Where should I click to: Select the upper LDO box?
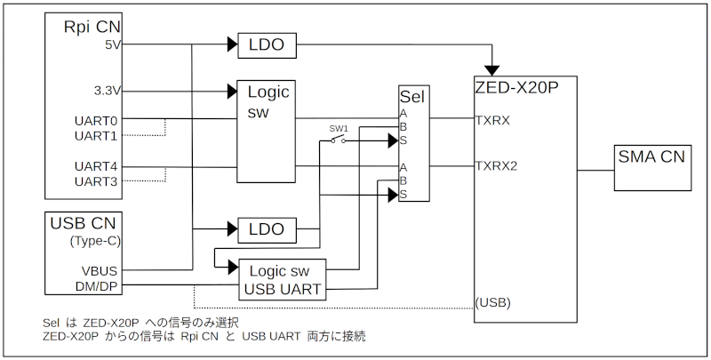click(266, 44)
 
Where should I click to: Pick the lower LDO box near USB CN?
click(266, 229)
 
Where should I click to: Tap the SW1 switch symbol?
click(339, 139)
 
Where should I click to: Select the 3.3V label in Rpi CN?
click(107, 90)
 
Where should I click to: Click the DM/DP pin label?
click(97, 286)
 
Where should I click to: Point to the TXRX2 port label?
click(496, 165)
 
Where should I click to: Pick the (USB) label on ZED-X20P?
click(492, 302)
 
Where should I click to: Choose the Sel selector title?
click(413, 96)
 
